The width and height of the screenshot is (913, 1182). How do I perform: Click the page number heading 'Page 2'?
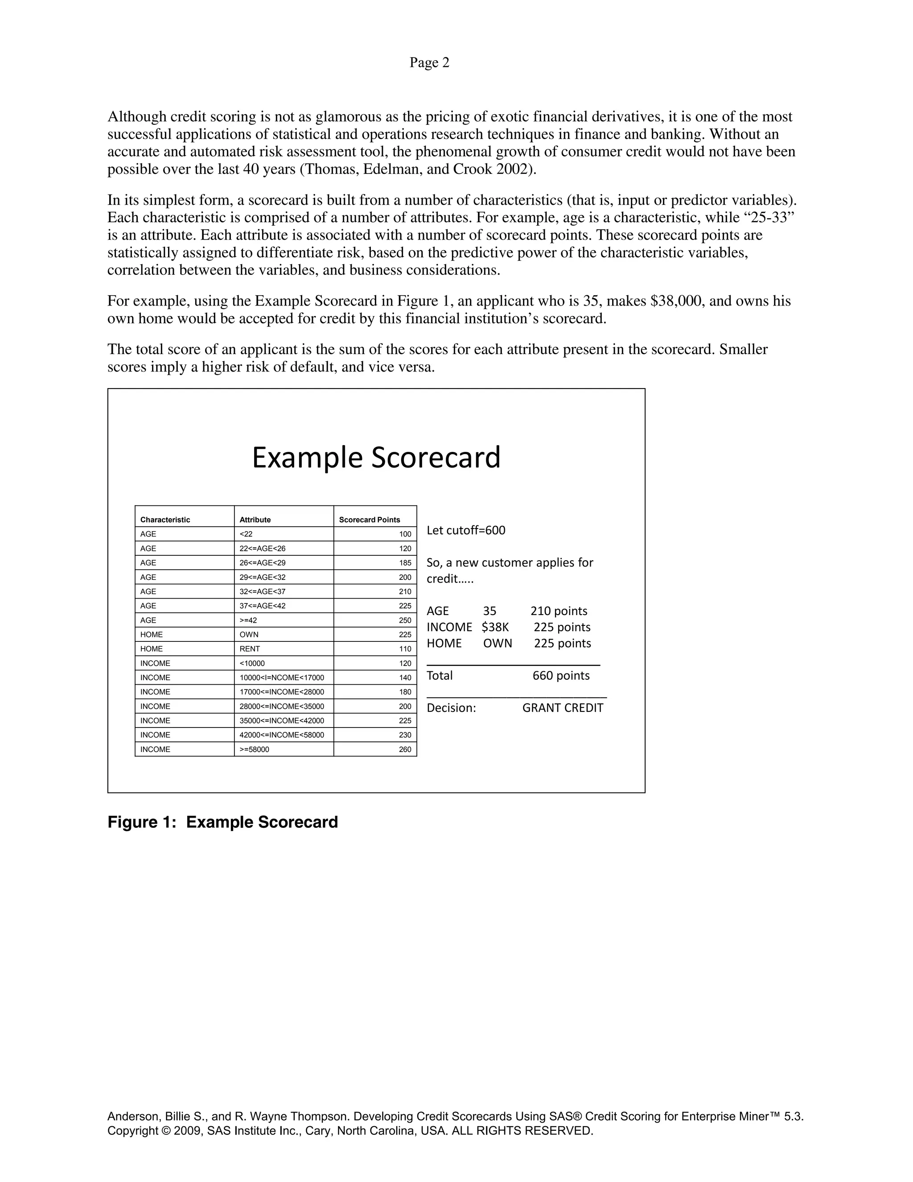click(x=429, y=63)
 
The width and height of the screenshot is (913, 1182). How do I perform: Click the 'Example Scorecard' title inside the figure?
click(x=376, y=457)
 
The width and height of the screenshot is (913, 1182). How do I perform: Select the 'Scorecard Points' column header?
click(x=370, y=520)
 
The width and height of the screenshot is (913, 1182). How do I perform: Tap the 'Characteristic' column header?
click(x=165, y=520)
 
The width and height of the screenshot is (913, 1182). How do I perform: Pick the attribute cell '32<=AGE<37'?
click(x=262, y=591)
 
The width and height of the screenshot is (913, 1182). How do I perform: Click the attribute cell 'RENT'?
click(x=250, y=649)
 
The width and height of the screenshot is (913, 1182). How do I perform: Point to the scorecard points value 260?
click(x=405, y=750)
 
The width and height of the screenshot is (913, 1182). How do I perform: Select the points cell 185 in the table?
click(x=405, y=563)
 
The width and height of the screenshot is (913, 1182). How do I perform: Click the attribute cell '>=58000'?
click(x=254, y=750)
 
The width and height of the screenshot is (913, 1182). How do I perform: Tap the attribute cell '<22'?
click(x=246, y=534)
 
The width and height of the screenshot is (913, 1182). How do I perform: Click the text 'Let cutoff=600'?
click(x=466, y=530)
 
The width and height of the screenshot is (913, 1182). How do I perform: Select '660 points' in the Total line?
click(x=561, y=675)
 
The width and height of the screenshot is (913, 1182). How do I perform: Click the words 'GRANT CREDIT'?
click(x=563, y=708)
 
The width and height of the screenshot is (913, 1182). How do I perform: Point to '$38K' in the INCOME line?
click(x=495, y=627)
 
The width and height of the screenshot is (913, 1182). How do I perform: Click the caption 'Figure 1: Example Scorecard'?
click(x=222, y=822)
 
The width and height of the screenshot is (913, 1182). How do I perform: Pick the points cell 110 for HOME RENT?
click(x=405, y=649)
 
